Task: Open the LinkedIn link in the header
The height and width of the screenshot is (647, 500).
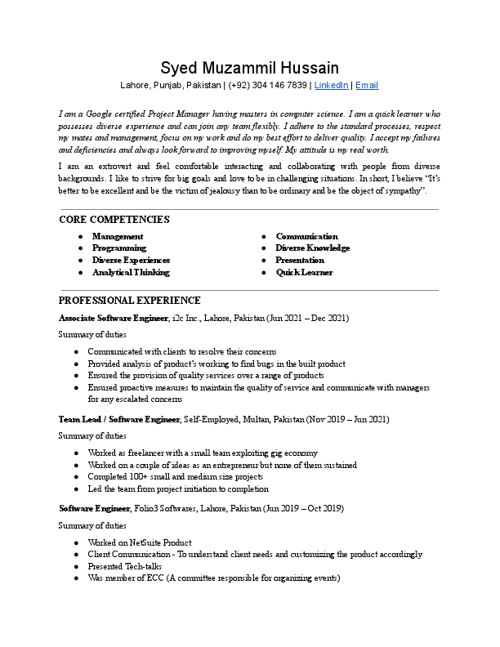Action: (331, 85)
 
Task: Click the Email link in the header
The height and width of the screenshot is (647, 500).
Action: (366, 85)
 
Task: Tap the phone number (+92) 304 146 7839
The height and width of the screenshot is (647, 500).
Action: (268, 85)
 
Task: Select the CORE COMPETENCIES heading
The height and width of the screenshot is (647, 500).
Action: (114, 220)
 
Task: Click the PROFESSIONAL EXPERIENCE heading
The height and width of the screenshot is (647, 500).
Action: (130, 301)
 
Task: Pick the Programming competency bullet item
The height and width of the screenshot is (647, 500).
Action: (118, 248)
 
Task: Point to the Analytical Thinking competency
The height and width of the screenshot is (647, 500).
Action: (131, 272)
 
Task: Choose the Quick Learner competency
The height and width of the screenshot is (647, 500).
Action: (304, 272)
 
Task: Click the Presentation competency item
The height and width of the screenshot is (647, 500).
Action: (300, 260)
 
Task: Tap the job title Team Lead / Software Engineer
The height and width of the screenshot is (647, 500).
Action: (119, 419)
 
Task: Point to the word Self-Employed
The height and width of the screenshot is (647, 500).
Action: (210, 419)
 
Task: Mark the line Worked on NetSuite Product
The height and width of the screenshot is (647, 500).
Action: (140, 542)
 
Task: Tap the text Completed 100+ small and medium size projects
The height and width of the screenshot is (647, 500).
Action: (176, 477)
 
